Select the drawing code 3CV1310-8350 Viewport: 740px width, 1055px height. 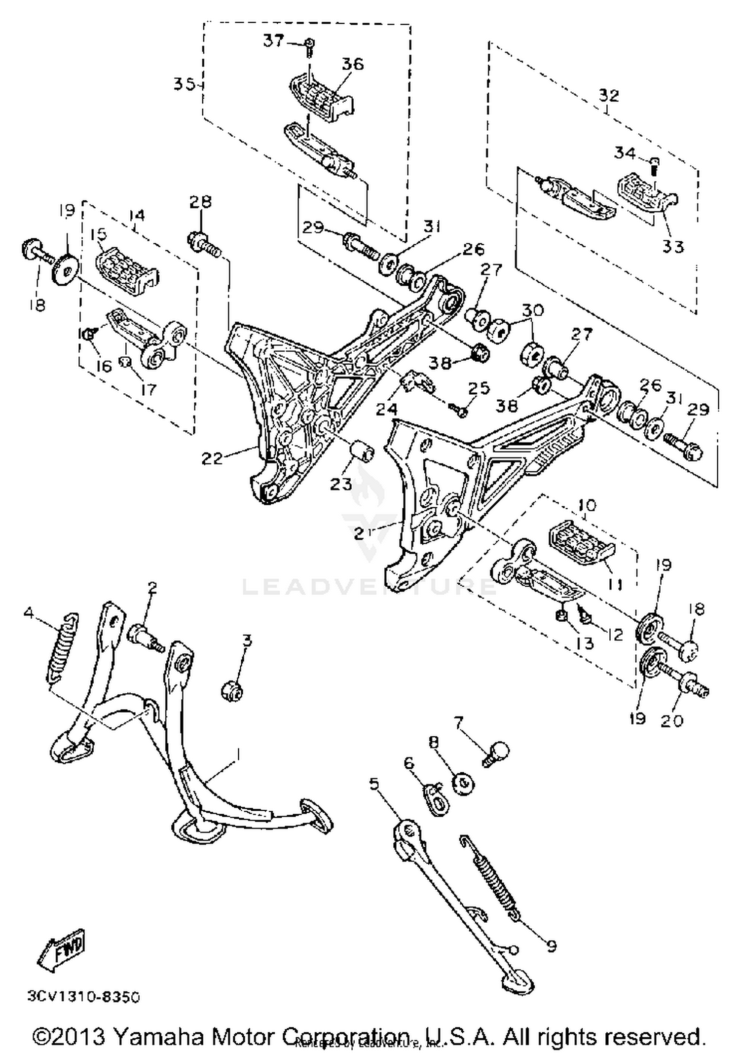point(83,997)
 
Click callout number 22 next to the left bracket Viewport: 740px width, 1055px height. point(213,458)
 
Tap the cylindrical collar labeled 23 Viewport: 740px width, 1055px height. point(363,451)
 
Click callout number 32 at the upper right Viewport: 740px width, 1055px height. point(609,94)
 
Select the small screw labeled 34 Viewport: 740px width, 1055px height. point(655,166)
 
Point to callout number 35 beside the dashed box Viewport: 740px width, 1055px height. point(184,84)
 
